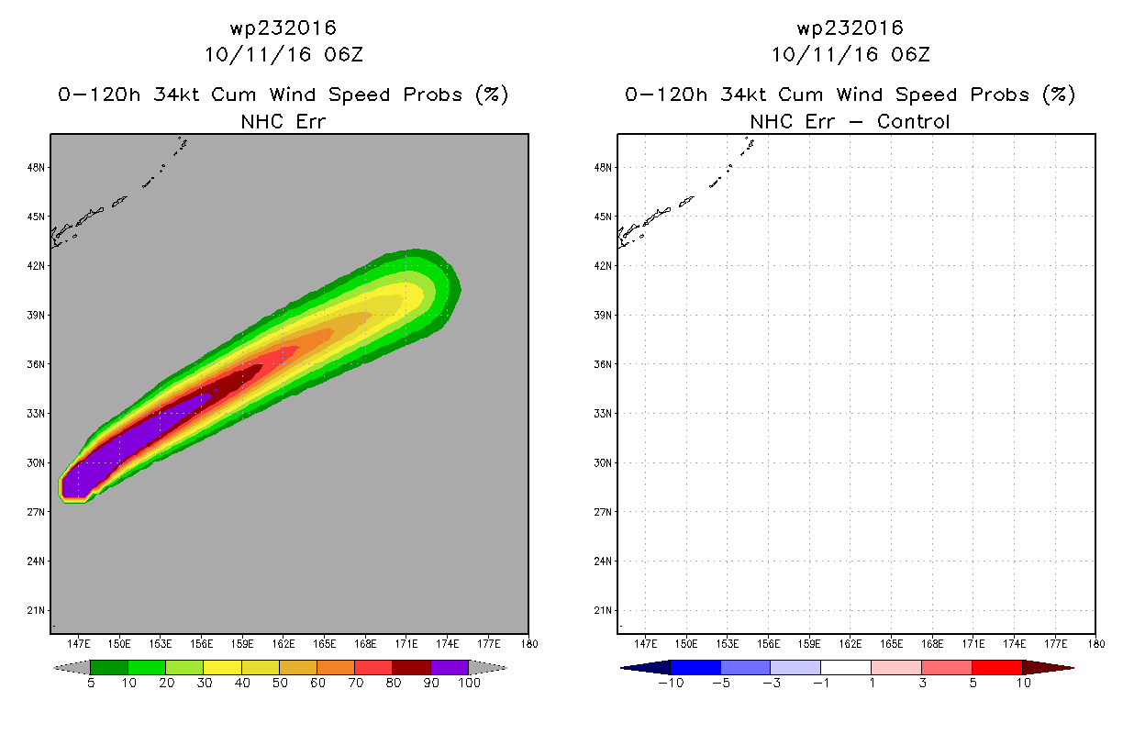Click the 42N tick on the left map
click(36, 266)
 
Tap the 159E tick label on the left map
click(242, 644)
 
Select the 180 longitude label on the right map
click(1096, 644)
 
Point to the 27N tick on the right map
click(603, 512)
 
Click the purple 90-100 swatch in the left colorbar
click(450, 667)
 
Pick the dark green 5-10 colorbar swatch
click(109, 667)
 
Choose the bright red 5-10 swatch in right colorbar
click(997, 667)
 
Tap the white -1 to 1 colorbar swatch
click(846, 667)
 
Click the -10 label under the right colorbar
click(671, 684)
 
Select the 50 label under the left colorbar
click(280, 684)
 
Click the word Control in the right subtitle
click(913, 121)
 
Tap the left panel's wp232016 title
click(283, 28)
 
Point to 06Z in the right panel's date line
click(910, 55)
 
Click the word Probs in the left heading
click(433, 95)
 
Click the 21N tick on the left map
click(36, 610)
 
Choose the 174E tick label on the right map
click(1015, 644)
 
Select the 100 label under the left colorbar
click(470, 684)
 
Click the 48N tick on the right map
click(603, 168)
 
